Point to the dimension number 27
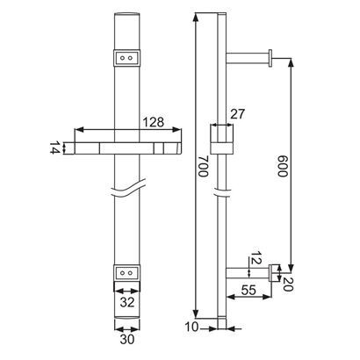point(237,113)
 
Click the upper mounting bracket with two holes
point(128,58)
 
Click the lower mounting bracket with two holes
point(128,272)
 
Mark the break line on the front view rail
point(128,189)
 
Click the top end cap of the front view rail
point(128,18)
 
